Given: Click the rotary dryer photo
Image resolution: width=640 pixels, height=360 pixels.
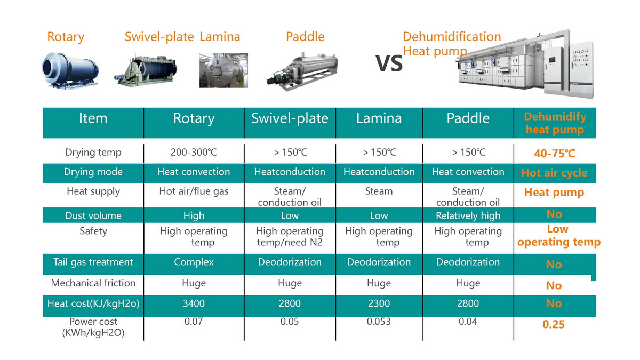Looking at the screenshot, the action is point(70,70).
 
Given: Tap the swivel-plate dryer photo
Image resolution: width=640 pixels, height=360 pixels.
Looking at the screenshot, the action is point(146,70).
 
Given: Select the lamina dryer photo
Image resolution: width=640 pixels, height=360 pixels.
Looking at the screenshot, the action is point(223,70).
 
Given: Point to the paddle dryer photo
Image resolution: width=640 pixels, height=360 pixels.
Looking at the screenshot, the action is point(302,71).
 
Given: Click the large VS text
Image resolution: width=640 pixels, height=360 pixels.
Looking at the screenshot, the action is point(389,63).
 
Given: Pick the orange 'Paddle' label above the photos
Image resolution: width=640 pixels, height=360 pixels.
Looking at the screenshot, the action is point(305,37).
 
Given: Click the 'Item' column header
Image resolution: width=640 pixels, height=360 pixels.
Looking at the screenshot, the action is point(93,118).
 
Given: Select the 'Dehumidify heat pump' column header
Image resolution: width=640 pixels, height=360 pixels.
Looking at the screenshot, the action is point(555,123).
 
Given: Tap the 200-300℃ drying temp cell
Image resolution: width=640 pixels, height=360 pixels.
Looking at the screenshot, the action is point(194,153).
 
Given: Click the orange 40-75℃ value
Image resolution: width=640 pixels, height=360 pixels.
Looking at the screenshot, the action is point(555,154).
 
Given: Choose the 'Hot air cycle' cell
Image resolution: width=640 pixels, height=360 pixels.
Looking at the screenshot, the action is point(554,173).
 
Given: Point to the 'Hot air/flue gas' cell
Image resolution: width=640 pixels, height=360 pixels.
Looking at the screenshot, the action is point(194,191).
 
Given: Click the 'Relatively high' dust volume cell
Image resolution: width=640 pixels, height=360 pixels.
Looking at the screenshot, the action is point(468,215).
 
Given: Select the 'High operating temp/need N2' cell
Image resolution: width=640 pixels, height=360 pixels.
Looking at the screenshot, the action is point(290,237).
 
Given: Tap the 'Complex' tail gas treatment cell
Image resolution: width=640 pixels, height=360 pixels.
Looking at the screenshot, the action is point(194,262).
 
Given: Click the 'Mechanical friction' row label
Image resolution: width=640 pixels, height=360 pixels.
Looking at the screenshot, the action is point(93,283).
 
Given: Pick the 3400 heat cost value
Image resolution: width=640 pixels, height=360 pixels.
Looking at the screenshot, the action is point(194,303).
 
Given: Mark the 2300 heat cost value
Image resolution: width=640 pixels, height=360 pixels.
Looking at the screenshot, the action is point(379,303).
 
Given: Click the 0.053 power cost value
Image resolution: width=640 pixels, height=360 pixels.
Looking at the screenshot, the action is point(379,322).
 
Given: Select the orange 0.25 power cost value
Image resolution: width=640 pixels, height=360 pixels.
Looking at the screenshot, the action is point(554,325).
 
